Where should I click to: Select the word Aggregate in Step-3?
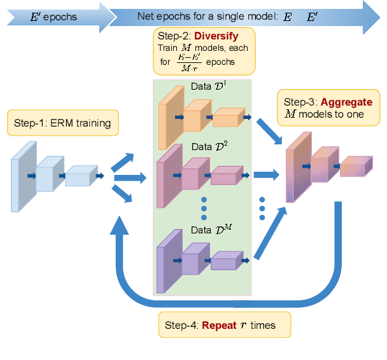point(346,102)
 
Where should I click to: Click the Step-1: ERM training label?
point(62,123)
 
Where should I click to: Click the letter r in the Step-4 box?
point(243,325)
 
